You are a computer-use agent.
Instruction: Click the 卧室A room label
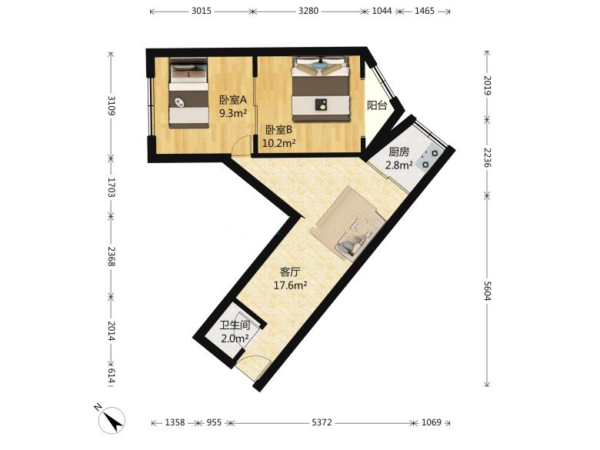point(232,100)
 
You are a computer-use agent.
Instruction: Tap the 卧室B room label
point(279,130)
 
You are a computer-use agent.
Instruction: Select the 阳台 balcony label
point(377,105)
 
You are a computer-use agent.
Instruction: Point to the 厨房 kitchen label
point(398,152)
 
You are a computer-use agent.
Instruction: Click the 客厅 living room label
point(290,272)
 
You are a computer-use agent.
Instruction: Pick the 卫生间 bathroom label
point(235,325)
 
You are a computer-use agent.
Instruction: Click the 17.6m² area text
point(291,285)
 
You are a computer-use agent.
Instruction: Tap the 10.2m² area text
point(278,144)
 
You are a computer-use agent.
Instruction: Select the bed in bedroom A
point(188,93)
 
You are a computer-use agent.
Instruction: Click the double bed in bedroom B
point(321,88)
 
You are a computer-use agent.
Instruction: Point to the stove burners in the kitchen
point(430,159)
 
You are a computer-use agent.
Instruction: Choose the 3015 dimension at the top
point(202,11)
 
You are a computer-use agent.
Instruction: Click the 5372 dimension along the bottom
point(322,423)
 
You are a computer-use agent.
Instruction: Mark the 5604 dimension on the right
point(487,291)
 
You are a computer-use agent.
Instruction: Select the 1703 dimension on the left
point(112,187)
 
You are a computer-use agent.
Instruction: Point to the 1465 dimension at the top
point(425,11)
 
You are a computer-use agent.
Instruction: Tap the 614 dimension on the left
point(112,375)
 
